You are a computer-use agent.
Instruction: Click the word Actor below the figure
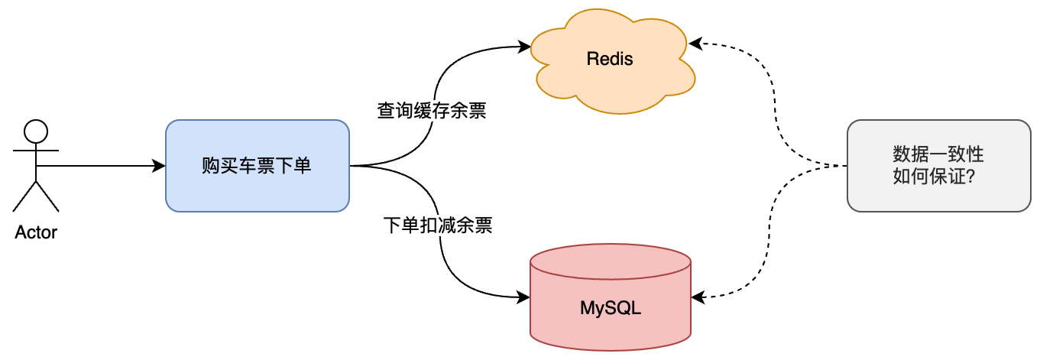[x=36, y=232]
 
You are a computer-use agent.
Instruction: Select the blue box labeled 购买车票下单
[x=257, y=165]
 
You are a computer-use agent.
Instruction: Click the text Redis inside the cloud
[x=610, y=59]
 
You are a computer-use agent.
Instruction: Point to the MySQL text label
[x=610, y=310]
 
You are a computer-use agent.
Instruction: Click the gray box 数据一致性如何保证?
[x=938, y=165]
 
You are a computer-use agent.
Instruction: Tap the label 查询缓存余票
[x=432, y=111]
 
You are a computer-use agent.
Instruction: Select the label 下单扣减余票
[x=437, y=225]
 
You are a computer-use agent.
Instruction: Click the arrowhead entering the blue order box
[x=160, y=166]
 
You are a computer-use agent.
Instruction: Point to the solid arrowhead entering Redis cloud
[x=525, y=47]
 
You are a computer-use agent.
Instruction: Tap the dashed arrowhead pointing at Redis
[x=696, y=44]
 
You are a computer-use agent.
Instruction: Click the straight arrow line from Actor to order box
[x=99, y=166]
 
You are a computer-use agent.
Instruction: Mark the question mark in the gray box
[x=977, y=177]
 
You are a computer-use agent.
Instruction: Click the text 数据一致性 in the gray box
[x=938, y=154]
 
